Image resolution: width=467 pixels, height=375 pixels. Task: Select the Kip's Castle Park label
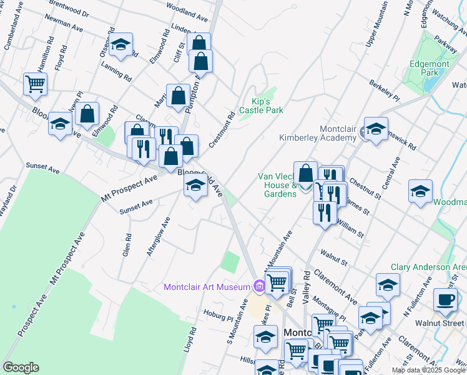[267, 106]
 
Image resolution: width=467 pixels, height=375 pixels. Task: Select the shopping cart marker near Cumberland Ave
[35, 84]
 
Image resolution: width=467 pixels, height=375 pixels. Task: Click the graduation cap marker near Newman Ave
[120, 44]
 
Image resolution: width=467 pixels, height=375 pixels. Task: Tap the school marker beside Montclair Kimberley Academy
[376, 129]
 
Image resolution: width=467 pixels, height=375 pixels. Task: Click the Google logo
[21, 367]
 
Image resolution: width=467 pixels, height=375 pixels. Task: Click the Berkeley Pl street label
[384, 90]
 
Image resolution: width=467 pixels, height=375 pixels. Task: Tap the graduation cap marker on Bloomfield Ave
[195, 186]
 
